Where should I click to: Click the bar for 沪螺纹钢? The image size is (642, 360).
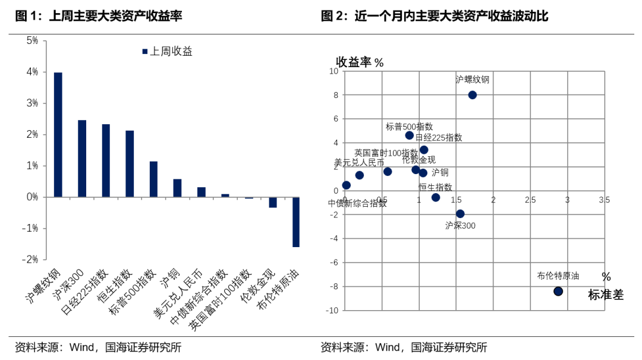[58, 134]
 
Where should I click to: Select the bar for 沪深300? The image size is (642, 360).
[82, 158]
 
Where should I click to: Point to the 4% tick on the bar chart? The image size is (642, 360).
[32, 72]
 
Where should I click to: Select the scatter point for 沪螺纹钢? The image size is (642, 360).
[473, 95]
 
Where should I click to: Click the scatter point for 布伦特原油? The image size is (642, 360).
[558, 291]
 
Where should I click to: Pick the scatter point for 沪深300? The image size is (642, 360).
[460, 214]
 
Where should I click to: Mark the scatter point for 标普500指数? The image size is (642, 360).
[410, 135]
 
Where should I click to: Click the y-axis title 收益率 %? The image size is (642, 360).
[360, 62]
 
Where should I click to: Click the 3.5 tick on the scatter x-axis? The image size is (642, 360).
[604, 200]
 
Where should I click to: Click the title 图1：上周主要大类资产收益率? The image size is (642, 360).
[98, 17]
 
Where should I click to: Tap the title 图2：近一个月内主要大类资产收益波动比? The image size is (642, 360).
[435, 17]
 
